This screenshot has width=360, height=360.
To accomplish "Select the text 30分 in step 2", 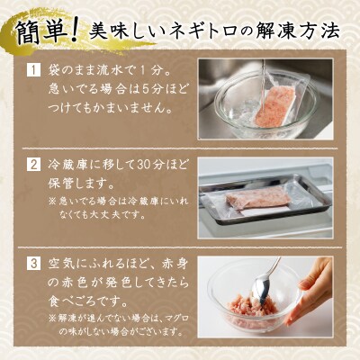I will [x=132, y=166].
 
